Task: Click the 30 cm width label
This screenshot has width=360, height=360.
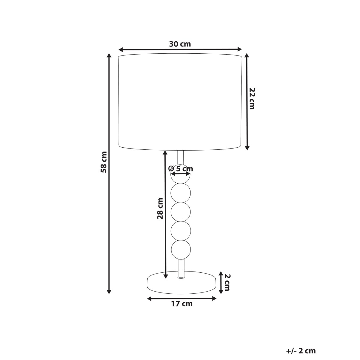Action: [180, 44]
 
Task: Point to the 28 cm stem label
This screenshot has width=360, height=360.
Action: [160, 208]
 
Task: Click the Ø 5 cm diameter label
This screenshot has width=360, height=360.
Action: [181, 169]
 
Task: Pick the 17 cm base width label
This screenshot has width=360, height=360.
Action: [182, 304]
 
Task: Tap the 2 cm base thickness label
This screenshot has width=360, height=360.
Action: [227, 282]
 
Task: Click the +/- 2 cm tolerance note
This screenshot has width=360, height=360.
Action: [301, 350]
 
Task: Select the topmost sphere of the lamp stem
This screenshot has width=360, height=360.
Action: [181, 177]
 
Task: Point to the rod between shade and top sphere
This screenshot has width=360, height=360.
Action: [180, 157]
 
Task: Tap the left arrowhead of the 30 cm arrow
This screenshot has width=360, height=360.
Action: [121, 49]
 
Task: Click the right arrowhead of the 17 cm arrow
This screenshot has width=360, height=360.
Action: [214, 298]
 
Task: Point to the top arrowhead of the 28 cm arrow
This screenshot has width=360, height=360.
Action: [165, 153]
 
